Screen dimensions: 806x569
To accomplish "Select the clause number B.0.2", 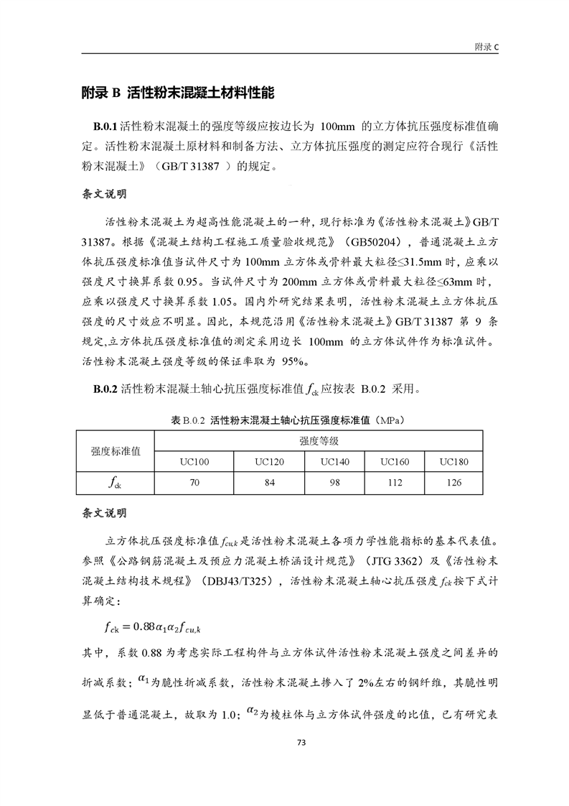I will [105, 390].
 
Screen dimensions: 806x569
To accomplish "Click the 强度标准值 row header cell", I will [116, 450].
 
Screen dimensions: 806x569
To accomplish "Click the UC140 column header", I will [334, 461].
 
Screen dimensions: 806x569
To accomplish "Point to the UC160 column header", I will [394, 461].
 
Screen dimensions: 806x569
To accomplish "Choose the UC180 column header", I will [453, 461].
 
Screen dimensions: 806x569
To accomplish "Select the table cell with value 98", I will [334, 482].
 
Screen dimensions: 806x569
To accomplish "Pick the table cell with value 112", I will [394, 482].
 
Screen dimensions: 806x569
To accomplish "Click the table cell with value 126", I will [453, 482].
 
